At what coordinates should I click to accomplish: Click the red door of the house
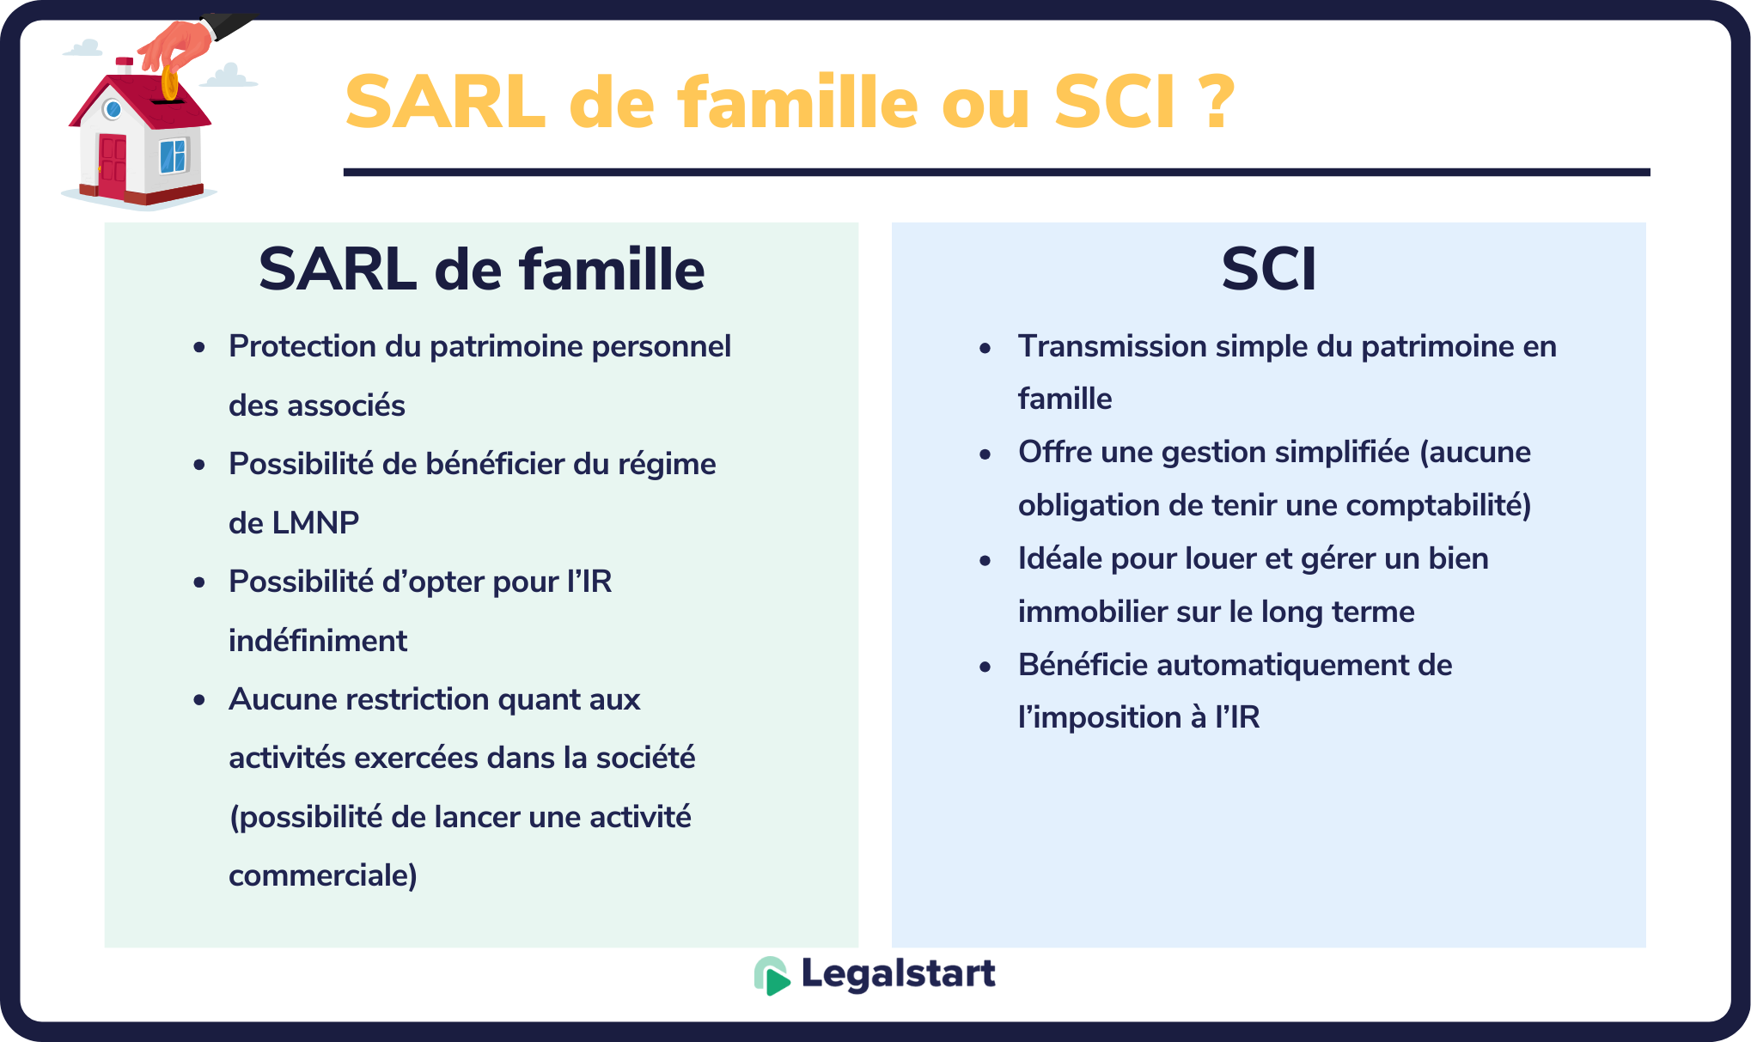pyautogui.click(x=112, y=166)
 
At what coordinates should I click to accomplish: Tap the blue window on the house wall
pyautogui.click(x=173, y=155)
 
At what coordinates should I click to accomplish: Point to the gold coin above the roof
pyautogui.click(x=169, y=84)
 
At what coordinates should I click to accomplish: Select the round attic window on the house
pyautogui.click(x=113, y=109)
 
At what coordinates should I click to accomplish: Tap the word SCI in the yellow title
pyautogui.click(x=1114, y=102)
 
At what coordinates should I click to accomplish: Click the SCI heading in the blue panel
pyautogui.click(x=1268, y=270)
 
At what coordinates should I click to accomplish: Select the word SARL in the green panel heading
pyautogui.click(x=338, y=270)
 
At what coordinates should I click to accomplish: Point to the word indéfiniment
pyautogui.click(x=318, y=641)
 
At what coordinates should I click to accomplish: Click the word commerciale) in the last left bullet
pyautogui.click(x=323, y=875)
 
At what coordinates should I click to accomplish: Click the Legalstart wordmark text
pyautogui.click(x=898, y=974)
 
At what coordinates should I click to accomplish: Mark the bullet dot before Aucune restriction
pyautogui.click(x=199, y=700)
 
